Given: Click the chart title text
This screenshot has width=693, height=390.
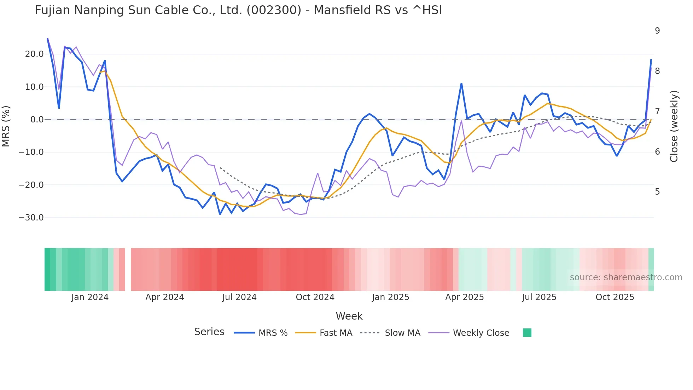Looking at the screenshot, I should (x=238, y=10).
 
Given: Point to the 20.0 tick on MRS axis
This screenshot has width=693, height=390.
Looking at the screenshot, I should (x=34, y=54).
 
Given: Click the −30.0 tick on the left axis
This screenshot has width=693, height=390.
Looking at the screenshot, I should (x=31, y=218).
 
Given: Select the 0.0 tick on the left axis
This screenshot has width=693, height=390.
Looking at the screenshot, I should (x=37, y=120).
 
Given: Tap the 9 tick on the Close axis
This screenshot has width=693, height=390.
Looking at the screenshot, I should (x=657, y=31).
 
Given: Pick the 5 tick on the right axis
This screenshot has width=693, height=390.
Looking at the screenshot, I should (x=657, y=192).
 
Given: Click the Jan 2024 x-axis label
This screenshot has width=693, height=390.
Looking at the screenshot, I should (x=90, y=297).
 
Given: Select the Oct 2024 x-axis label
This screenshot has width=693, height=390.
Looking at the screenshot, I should (x=315, y=297).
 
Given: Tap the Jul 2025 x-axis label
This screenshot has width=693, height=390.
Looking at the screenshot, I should (x=539, y=297).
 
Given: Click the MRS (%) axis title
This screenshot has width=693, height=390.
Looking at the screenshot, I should (x=6, y=126).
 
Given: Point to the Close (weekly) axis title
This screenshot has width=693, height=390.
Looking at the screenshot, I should (x=674, y=126).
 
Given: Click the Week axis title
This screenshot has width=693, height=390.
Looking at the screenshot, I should (x=349, y=316).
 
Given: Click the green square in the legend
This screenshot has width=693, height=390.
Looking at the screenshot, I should (x=527, y=333).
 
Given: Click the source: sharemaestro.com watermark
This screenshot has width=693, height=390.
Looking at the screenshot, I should (x=626, y=277).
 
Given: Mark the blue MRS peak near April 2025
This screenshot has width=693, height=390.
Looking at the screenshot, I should (x=461, y=84).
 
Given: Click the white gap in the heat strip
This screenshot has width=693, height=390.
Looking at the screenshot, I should (x=128, y=269).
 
